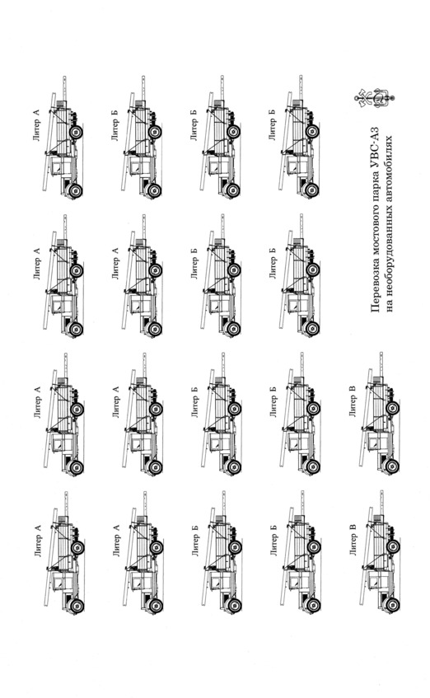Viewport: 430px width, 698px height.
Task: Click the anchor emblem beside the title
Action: pos(375,99)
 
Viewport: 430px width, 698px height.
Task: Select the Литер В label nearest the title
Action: pos(353,405)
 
